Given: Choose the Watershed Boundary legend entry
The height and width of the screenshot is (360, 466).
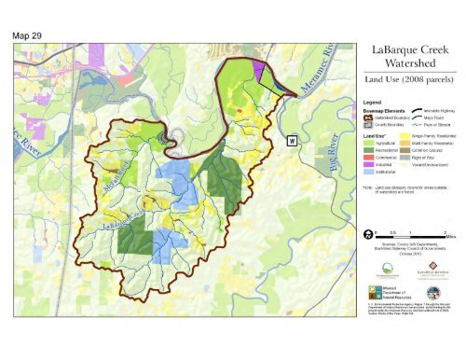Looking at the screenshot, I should pos(382,118).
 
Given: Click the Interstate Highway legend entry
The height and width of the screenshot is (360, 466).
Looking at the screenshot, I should pos(431,111).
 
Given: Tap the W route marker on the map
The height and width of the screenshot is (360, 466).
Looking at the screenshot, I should pos(291,140).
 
